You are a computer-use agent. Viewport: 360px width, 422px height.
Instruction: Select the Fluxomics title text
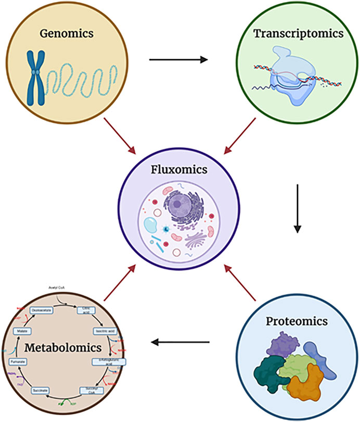180,170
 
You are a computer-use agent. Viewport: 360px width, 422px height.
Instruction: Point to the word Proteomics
295,321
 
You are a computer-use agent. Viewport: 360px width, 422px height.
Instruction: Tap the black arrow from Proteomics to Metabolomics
180,342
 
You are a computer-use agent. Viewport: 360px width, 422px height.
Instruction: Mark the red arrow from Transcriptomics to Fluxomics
240,136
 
